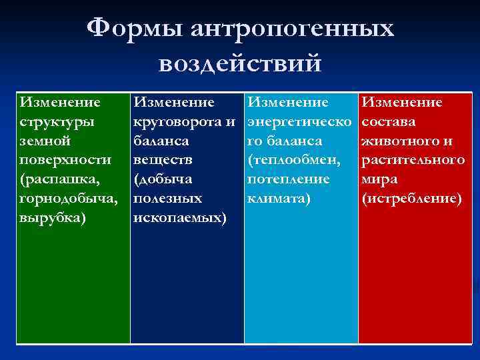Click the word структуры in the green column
57,122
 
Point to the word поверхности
65,161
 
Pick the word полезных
167,199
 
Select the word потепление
288,180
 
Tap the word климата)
278,199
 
